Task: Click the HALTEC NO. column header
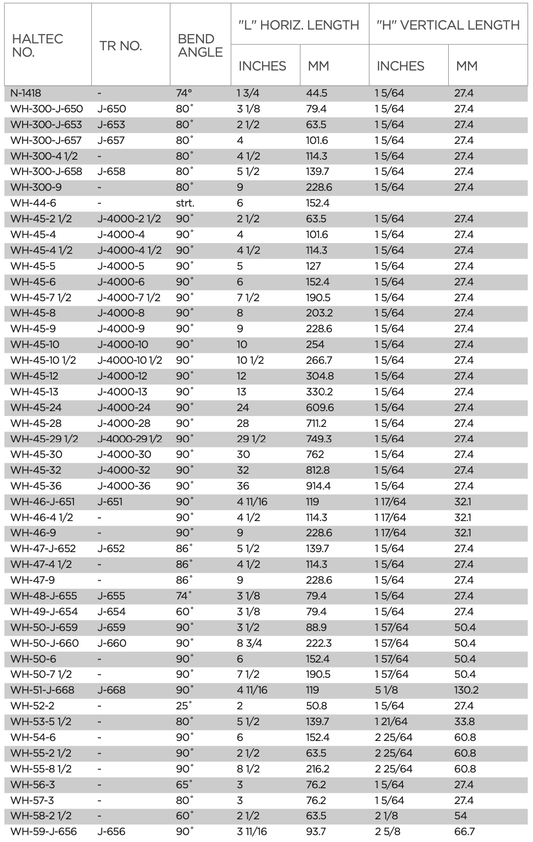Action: [37, 45]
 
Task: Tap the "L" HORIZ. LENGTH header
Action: [299, 25]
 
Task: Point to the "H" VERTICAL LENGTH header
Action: [448, 25]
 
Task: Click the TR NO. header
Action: [121, 46]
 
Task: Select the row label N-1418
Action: [26, 93]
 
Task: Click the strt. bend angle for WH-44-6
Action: [185, 203]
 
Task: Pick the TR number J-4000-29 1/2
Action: [130, 439]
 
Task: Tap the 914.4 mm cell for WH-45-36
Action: [318, 486]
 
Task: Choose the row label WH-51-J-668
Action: [42, 690]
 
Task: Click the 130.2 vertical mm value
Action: [466, 690]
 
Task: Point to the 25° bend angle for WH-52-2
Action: [184, 706]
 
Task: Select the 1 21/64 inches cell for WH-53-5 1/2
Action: [391, 722]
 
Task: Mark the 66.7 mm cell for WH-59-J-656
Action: [464, 832]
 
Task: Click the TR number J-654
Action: [111, 612]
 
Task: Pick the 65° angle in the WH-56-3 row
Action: [184, 784]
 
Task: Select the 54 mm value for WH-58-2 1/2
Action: [461, 816]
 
